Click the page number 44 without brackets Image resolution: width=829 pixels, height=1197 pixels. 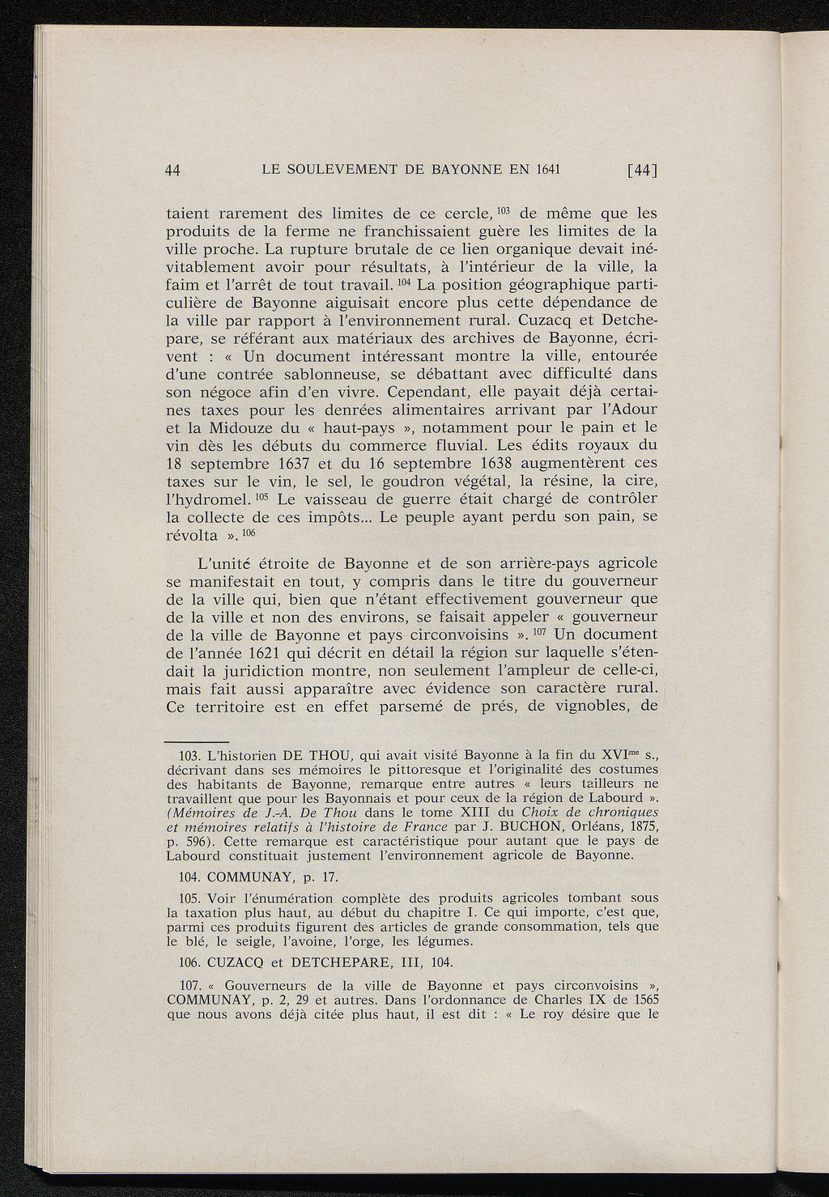click(172, 170)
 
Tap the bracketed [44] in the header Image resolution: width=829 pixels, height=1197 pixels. click(640, 170)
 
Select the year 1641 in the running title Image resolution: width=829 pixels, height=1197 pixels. click(546, 169)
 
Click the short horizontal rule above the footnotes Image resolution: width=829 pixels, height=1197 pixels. click(197, 741)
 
